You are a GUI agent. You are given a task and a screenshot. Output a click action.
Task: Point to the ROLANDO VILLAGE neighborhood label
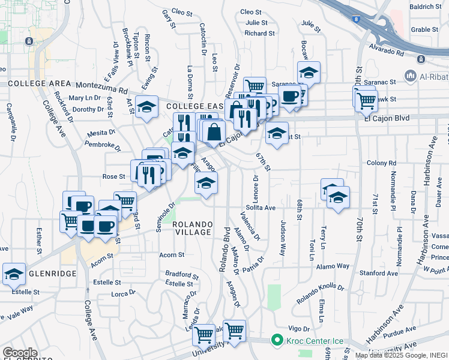[x=192, y=228]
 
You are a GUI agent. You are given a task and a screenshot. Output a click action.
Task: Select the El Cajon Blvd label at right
[x=387, y=118]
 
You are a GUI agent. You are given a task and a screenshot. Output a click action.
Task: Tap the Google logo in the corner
[x=20, y=353]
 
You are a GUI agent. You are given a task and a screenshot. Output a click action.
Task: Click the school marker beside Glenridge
[x=14, y=274]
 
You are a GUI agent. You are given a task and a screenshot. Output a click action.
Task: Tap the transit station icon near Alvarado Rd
[x=421, y=59]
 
